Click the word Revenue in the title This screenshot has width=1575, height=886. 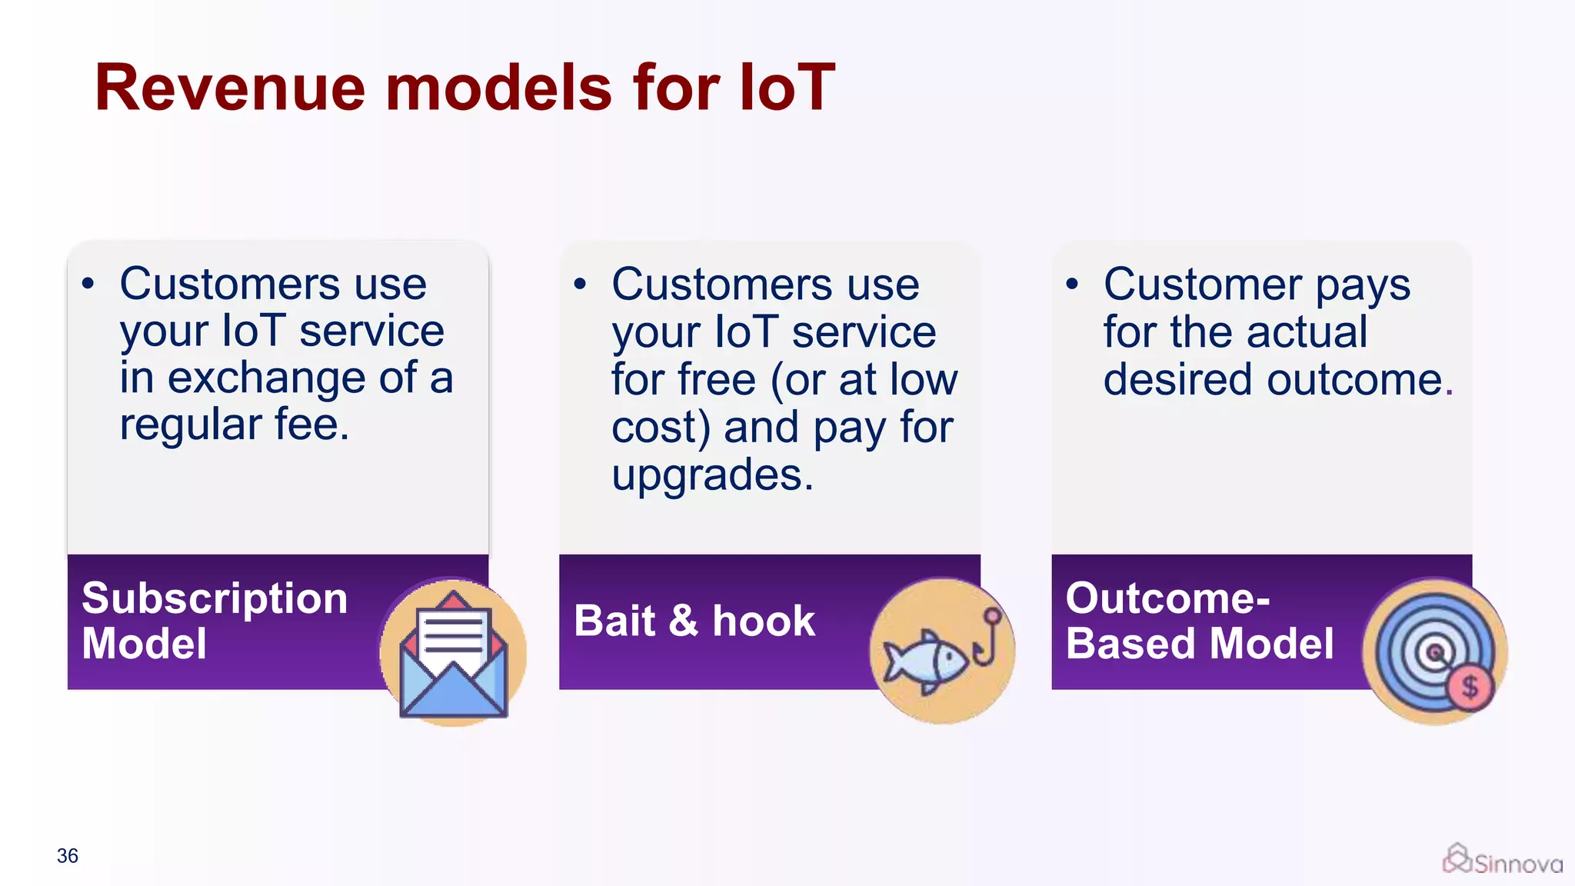[229, 88]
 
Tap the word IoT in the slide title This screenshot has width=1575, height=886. [786, 88]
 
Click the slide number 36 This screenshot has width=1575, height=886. [68, 856]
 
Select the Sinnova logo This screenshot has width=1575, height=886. [1502, 861]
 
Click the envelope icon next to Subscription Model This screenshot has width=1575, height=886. [454, 654]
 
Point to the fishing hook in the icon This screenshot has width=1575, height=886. [987, 638]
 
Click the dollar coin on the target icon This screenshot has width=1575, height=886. [1470, 687]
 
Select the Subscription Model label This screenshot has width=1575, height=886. [215, 621]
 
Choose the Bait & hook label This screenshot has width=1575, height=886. [694, 621]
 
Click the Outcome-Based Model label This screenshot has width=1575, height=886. [1199, 621]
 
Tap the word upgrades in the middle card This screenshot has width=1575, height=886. [712, 475]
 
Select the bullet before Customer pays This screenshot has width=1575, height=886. [1072, 285]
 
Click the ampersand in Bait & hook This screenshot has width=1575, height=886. [684, 621]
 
